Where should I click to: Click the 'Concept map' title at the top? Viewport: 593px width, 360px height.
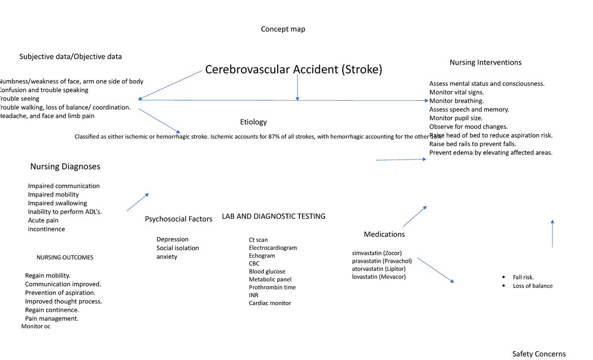(x=283, y=29)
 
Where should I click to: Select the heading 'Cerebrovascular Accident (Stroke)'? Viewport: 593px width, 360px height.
(x=294, y=70)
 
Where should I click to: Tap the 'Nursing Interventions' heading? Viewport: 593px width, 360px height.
(x=485, y=62)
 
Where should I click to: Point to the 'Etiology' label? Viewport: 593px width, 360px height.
(x=253, y=122)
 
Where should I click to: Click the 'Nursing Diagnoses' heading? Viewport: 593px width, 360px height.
(x=65, y=166)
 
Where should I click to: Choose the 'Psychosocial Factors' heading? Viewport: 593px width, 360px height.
(x=178, y=219)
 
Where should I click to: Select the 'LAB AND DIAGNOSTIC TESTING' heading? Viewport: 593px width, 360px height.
(x=273, y=216)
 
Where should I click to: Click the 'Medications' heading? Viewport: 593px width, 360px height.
(x=384, y=234)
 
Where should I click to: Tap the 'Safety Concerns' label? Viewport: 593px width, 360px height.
(x=539, y=354)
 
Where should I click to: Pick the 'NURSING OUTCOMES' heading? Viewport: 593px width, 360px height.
(x=65, y=257)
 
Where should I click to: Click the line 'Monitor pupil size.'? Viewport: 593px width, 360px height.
(x=456, y=118)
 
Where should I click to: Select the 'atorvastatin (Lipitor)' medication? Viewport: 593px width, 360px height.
(x=379, y=269)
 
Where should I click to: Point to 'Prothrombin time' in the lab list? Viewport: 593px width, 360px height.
(x=272, y=287)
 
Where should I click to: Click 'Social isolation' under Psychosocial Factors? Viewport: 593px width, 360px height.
(x=177, y=248)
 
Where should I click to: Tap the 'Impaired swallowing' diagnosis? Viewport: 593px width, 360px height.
(x=57, y=203)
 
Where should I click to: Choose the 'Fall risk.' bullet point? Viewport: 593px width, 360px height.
(x=523, y=277)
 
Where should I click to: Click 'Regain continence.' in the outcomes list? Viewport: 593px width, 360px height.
(x=52, y=310)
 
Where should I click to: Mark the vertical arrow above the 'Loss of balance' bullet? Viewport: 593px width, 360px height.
(x=552, y=234)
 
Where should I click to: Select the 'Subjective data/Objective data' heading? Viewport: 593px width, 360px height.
(x=71, y=57)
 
